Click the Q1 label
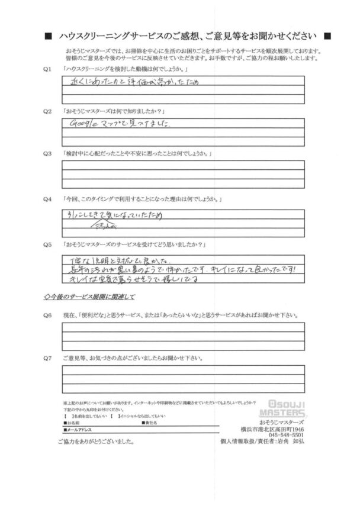(49, 70)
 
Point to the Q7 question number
(49, 357)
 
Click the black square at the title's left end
(48, 36)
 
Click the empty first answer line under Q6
(183, 327)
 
